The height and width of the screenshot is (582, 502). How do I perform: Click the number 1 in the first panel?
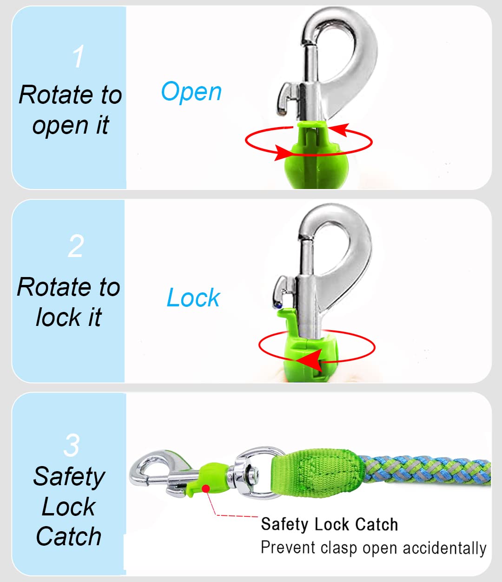[79, 57]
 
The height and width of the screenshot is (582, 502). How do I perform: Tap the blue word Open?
[191, 92]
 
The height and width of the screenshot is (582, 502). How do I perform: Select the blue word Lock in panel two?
[193, 298]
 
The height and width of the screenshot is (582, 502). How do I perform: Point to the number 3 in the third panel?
[72, 446]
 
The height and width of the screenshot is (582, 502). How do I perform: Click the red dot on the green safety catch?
[205, 487]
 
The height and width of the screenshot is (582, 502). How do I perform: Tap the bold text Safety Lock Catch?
[329, 524]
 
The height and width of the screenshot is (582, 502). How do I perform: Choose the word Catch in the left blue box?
[69, 536]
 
